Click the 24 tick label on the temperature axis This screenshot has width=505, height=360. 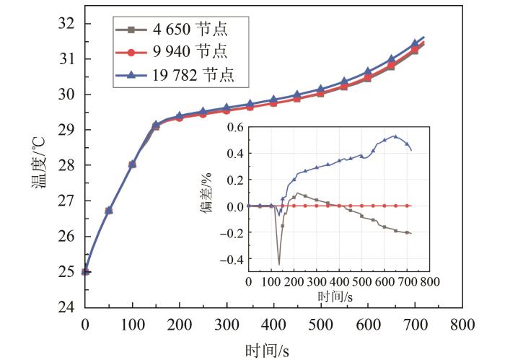pos(66,307)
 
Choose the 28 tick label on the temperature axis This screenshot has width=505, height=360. pos(66,165)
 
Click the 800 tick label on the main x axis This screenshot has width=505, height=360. pos(462,324)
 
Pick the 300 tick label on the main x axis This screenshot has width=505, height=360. pos(227,324)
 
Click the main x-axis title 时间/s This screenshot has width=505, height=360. pos(265,348)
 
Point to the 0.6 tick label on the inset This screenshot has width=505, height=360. pos(232,128)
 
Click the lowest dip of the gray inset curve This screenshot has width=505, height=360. pos(279,264)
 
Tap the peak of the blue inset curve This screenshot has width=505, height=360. pos(395,136)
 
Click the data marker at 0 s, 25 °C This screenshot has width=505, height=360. pos(85,272)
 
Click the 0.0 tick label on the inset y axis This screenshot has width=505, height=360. pos(232,206)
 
